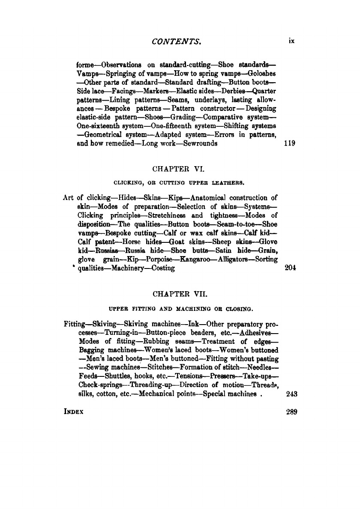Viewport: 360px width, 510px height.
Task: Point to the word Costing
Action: [x=161, y=268]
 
